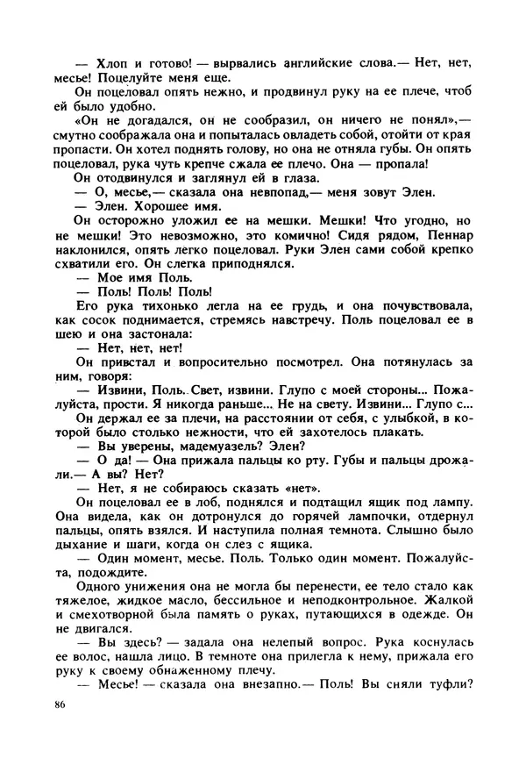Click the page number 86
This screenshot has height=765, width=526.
pos(60,704)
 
